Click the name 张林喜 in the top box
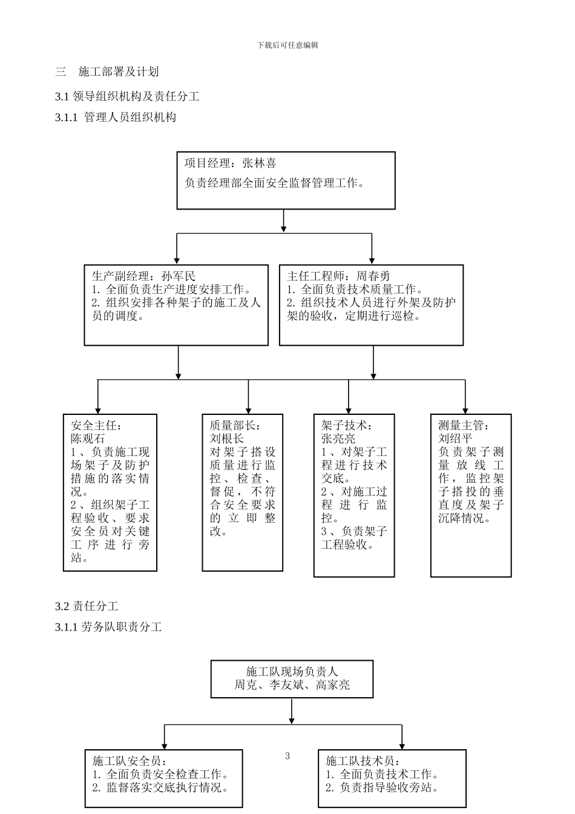coord(259,164)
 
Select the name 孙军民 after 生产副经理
coord(179,276)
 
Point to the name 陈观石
coord(88,438)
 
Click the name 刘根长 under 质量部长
coord(227,438)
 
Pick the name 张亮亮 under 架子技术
coord(338,438)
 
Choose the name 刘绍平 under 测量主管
coord(455,438)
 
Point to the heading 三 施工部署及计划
coord(107,72)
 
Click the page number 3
coord(287,756)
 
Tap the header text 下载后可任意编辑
coord(287,45)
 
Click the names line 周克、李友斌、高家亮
coord(292,685)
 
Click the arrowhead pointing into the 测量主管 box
coord(465,410)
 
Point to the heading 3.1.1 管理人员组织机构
coord(116,117)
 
